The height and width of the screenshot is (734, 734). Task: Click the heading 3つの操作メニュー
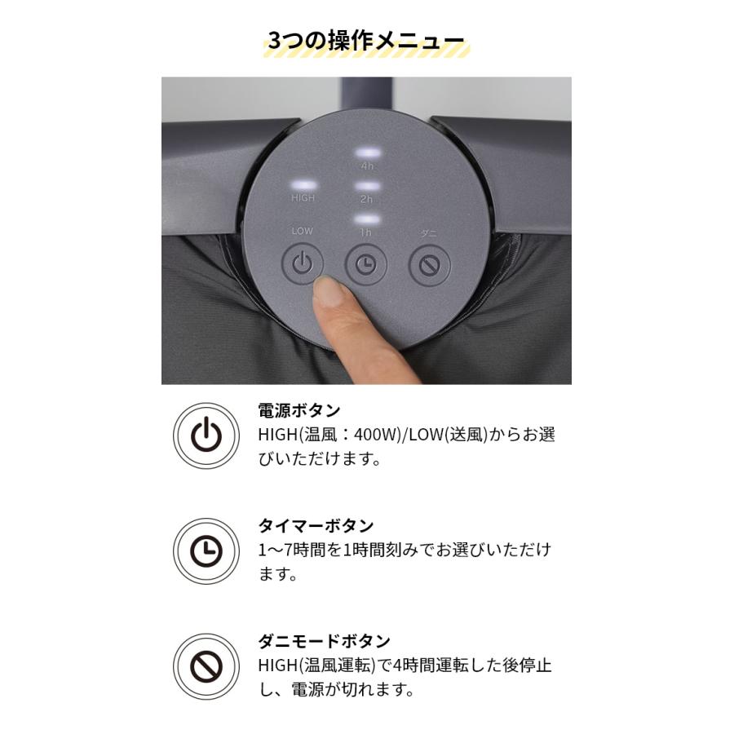366,41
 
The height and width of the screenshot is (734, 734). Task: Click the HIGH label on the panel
303,198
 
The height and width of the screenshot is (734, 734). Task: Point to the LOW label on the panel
303,232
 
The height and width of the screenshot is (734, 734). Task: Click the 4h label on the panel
366,166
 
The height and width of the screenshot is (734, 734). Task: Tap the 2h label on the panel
366,199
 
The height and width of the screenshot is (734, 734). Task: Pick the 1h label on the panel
366,232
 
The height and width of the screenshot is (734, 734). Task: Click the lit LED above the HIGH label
303,184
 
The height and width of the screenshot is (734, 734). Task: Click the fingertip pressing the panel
329,290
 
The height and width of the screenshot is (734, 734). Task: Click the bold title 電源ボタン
298,410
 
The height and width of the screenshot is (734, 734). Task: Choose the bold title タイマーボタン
316,526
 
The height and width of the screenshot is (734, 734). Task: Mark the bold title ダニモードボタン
324,642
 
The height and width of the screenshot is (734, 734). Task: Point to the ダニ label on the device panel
429,232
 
